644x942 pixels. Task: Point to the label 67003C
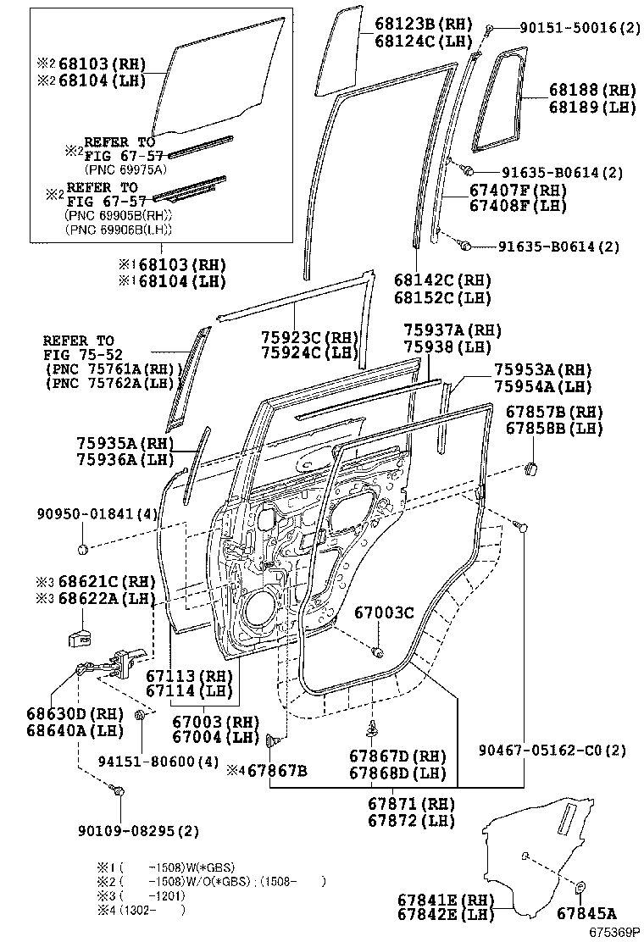[384, 612]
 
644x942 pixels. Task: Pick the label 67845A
[586, 913]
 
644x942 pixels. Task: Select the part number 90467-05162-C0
[552, 750]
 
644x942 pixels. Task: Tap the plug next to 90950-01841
[83, 550]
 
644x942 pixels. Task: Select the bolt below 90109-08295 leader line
[119, 791]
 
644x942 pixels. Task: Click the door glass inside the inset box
[220, 85]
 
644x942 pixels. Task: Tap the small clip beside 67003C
[377, 651]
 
